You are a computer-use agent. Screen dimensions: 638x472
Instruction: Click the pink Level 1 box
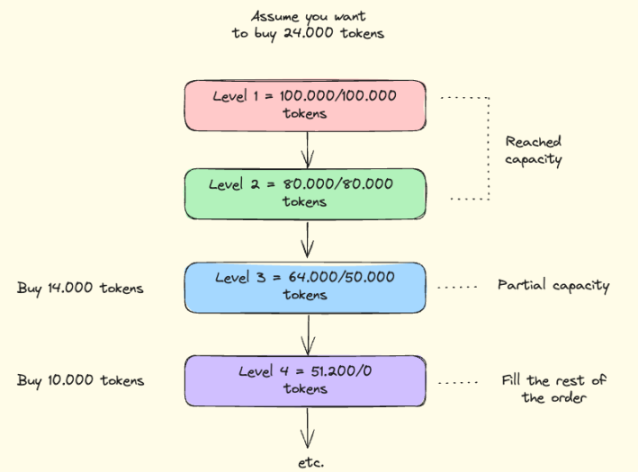[x=305, y=106]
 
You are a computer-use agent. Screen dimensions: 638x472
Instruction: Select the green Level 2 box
[x=305, y=194]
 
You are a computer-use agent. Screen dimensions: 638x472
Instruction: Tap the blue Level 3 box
[x=305, y=288]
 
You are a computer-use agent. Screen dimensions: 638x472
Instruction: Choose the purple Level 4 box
[x=305, y=381]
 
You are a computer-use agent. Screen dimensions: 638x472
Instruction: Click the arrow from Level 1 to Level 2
[x=307, y=149]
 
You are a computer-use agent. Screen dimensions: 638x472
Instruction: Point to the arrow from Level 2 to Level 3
[x=307, y=240]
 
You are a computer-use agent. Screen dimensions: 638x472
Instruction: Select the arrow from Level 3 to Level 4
[x=308, y=334]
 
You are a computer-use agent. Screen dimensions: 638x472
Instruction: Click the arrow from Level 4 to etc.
[x=307, y=428]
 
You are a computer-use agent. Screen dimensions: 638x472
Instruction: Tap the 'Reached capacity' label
[x=534, y=151]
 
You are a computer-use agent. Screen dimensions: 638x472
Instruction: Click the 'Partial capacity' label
[x=553, y=286]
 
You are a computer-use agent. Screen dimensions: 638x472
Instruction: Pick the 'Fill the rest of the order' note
[x=553, y=389]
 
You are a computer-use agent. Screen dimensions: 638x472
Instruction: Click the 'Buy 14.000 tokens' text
[x=80, y=289]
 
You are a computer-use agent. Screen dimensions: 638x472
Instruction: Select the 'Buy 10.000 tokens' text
[x=80, y=381]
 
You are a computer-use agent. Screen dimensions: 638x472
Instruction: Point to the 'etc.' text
[x=311, y=463]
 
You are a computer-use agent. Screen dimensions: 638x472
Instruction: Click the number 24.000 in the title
[x=309, y=33]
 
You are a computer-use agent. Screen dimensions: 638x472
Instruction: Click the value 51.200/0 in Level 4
[x=341, y=370]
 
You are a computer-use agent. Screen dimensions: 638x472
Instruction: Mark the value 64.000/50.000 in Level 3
[x=341, y=277]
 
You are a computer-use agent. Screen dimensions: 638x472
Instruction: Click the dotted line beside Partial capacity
[x=457, y=287]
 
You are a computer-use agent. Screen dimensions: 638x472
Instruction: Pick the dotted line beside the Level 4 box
[x=458, y=383]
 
